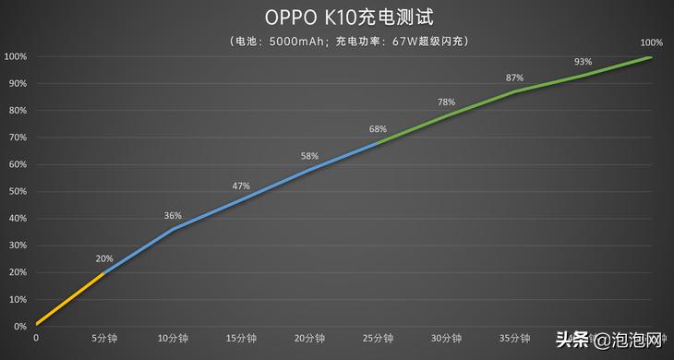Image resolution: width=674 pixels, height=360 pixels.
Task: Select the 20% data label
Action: point(105,258)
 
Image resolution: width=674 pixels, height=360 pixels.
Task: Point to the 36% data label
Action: point(173,215)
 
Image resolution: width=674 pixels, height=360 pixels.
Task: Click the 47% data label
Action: point(241,186)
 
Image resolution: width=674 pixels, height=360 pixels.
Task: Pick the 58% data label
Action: point(309,156)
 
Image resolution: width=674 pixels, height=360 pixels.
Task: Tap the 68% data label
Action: point(378,129)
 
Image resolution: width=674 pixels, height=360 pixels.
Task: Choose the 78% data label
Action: point(446,102)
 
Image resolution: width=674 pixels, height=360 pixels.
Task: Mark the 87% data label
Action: point(514,78)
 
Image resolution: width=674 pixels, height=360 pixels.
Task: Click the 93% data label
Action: point(583,62)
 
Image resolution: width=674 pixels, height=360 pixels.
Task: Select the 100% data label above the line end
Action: point(651,42)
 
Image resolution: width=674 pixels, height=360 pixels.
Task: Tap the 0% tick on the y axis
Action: point(19,327)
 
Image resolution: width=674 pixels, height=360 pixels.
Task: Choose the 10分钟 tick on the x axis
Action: point(173,339)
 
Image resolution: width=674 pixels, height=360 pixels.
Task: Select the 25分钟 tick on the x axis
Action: point(378,339)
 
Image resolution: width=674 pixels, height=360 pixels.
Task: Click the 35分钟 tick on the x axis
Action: point(514,339)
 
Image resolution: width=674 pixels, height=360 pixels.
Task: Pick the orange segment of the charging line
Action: point(70,299)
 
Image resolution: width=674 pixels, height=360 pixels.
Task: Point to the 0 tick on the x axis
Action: point(36,339)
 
